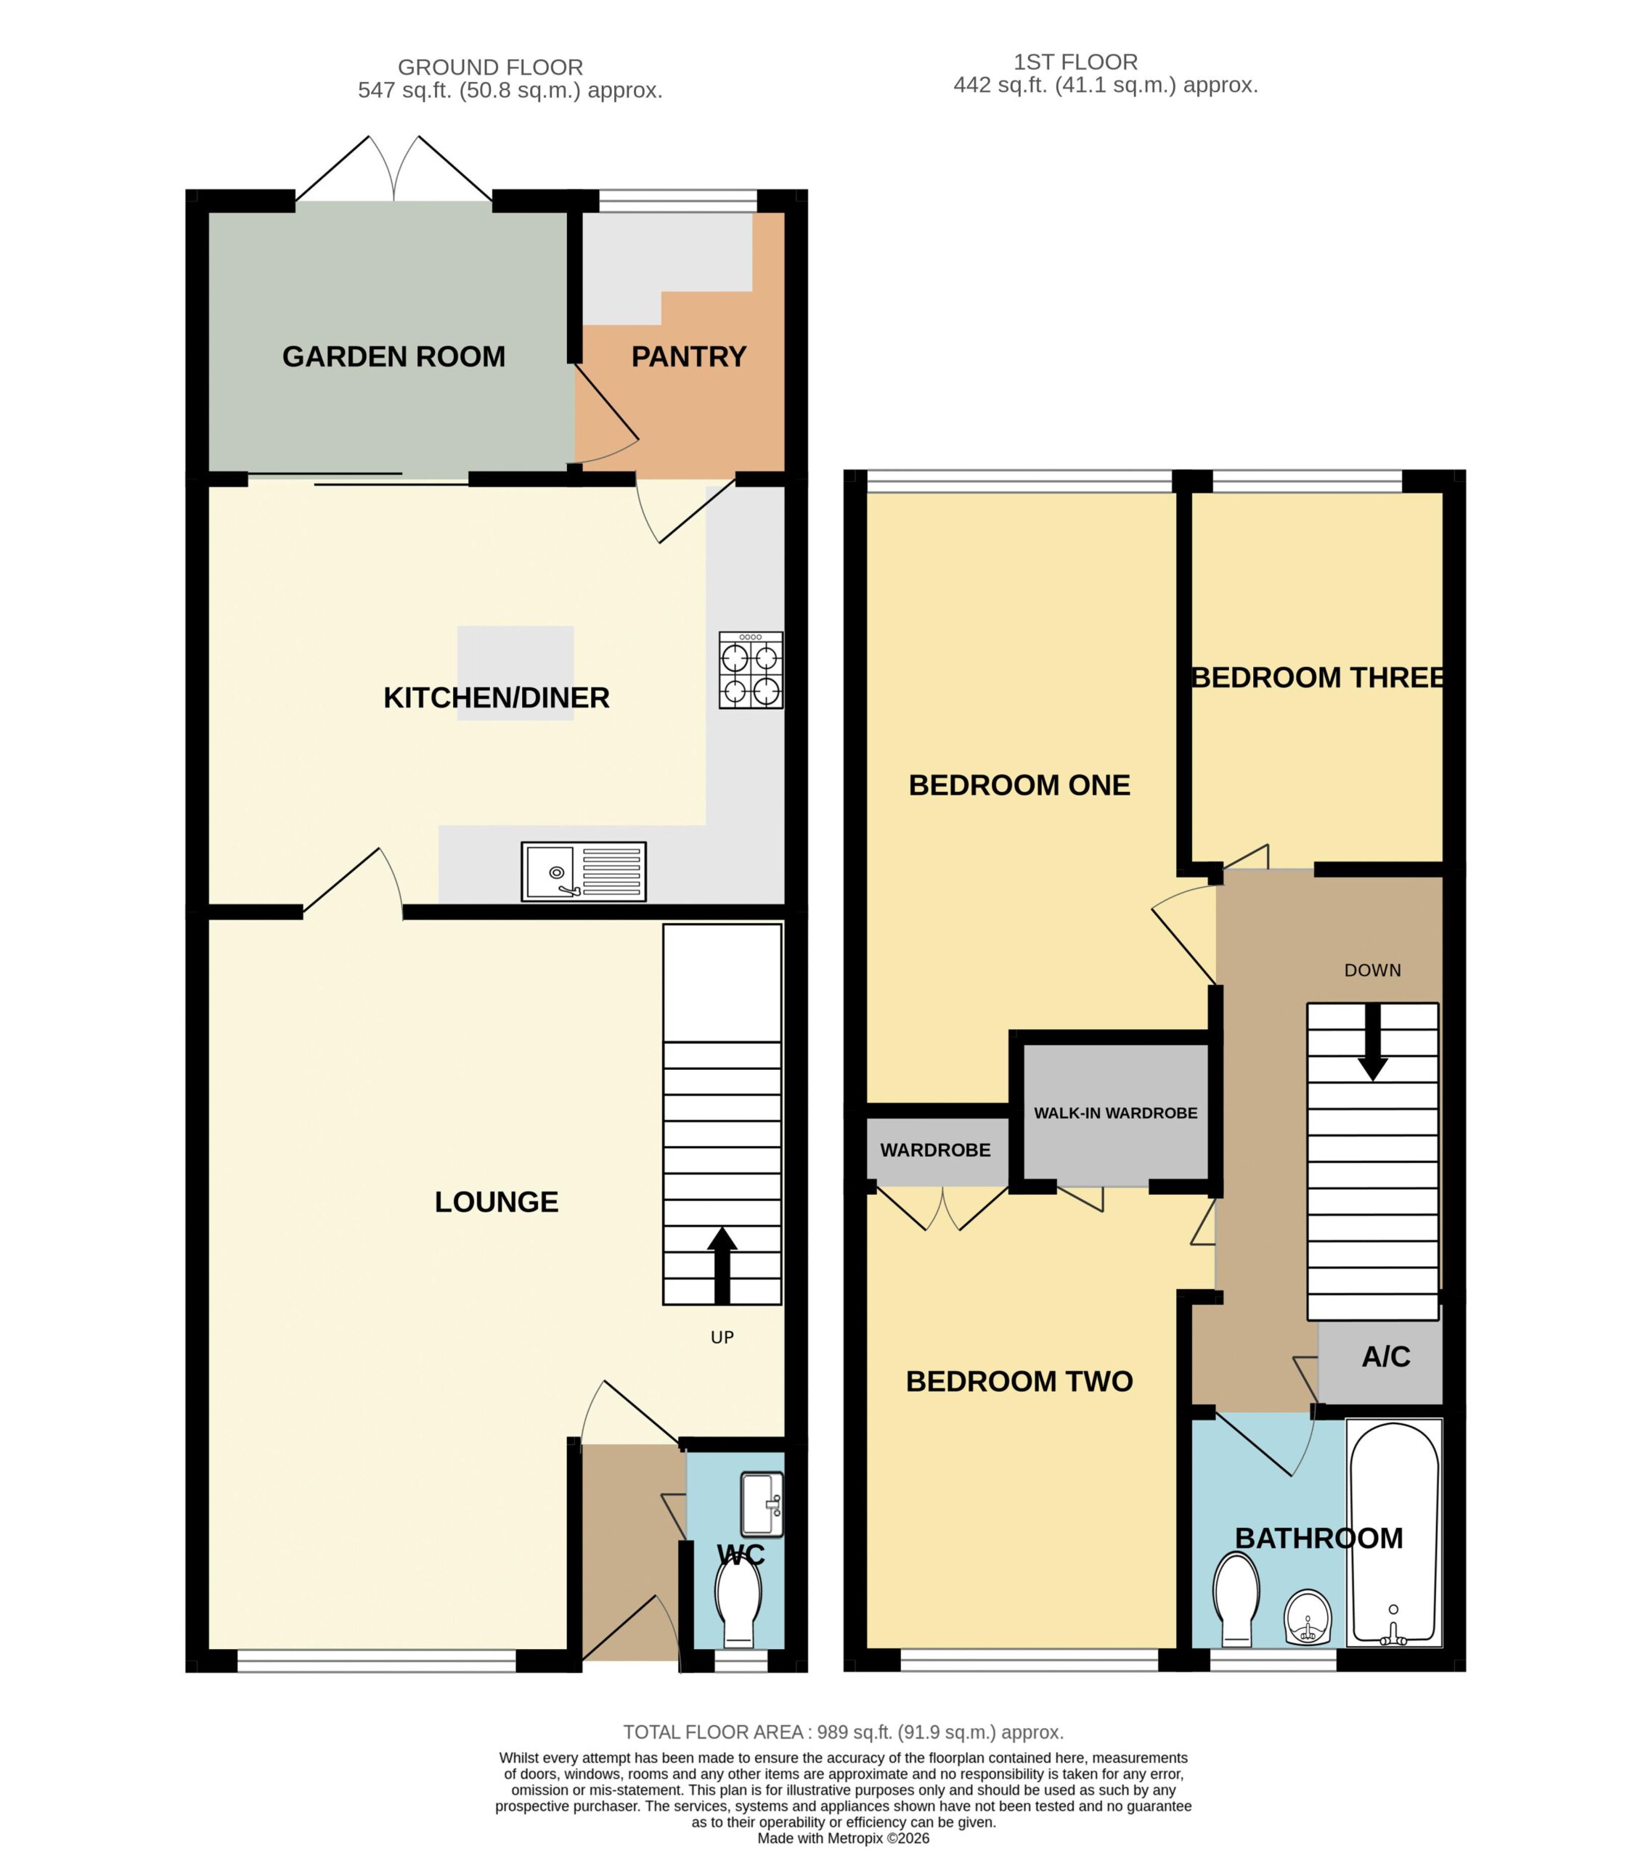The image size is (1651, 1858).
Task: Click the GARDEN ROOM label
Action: tap(394, 356)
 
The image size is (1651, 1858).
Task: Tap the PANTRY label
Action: tap(689, 356)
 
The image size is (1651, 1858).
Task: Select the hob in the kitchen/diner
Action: tap(751, 670)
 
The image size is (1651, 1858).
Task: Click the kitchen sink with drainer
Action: tap(584, 872)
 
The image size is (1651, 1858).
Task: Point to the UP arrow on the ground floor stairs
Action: tap(722, 1265)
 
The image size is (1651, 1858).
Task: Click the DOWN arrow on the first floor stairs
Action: tap(1373, 1041)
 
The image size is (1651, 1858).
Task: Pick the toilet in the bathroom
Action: tap(1236, 1599)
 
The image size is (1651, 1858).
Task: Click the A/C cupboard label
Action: tap(1385, 1357)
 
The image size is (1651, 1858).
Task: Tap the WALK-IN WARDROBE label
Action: tap(1115, 1113)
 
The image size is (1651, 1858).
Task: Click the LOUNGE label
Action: tap(497, 1202)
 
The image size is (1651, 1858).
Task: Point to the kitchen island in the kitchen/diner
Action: tap(515, 673)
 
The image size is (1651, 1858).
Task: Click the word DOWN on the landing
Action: tap(1373, 971)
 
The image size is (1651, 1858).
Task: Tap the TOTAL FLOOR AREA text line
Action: tap(844, 1732)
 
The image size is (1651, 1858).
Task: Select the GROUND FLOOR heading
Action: tap(491, 67)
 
